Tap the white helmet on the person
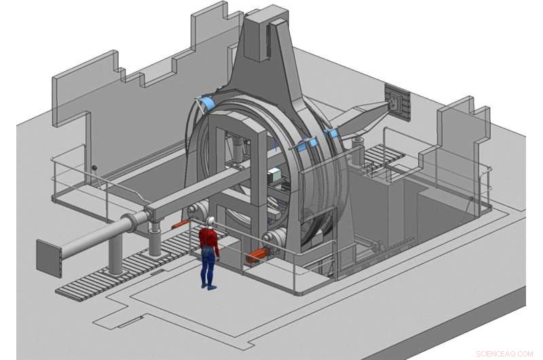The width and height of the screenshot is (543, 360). tap(210, 221)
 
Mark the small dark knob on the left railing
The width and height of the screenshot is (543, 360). tap(95, 167)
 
